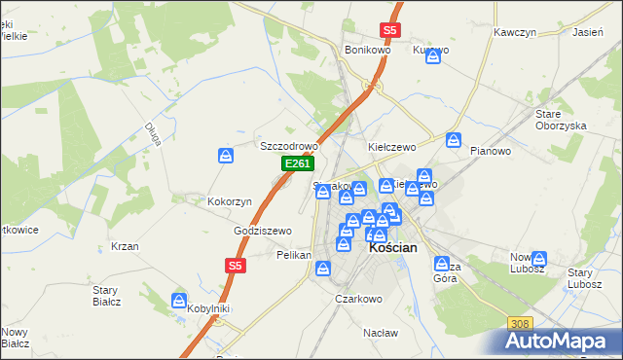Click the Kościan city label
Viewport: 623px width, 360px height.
point(393,248)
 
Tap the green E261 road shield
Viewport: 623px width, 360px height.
point(297,165)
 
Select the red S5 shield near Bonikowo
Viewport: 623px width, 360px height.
point(389,31)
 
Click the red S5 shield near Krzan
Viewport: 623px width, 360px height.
point(235,265)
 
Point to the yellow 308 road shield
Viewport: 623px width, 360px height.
point(520,323)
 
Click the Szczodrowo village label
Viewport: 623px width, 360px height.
point(288,146)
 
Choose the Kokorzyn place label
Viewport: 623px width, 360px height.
point(230,201)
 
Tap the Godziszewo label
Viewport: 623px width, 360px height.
point(263,231)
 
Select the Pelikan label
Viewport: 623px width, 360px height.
point(293,255)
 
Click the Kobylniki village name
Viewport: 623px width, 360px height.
point(208,308)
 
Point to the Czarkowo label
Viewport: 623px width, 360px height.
point(357,300)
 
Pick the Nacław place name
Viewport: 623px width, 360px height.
point(381,333)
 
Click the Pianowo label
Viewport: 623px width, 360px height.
point(490,151)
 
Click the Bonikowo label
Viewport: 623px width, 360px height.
point(367,49)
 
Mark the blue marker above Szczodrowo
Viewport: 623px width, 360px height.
point(226,156)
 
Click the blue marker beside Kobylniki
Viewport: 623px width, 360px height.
point(178,301)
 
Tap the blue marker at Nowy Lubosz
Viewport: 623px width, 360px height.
point(539,260)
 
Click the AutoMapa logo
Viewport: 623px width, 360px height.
point(563,342)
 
